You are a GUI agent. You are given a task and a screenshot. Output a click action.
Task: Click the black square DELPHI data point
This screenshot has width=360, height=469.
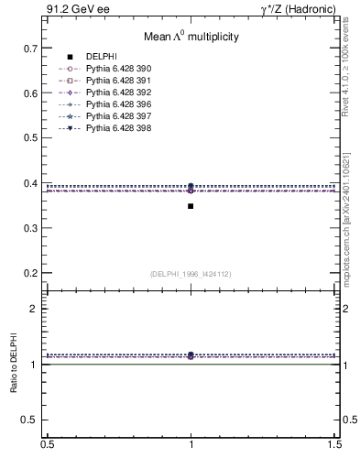[191, 206]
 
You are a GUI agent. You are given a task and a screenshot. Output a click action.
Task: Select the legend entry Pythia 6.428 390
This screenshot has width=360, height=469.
[115, 69]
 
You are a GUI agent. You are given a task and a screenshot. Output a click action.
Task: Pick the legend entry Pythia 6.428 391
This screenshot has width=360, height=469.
[115, 81]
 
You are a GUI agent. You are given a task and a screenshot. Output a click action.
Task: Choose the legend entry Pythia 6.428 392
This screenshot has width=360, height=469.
[115, 93]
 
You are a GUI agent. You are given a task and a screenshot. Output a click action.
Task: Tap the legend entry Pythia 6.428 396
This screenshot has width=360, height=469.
[115, 104]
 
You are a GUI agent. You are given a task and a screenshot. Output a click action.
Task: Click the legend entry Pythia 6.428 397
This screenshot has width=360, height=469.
[115, 116]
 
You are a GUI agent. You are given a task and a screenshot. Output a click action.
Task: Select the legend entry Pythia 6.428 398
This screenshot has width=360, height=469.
[115, 128]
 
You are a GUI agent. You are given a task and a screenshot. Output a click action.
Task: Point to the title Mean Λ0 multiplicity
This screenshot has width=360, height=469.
[191, 38]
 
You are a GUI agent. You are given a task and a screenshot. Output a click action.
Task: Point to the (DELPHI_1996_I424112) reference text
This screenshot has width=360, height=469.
[191, 273]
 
